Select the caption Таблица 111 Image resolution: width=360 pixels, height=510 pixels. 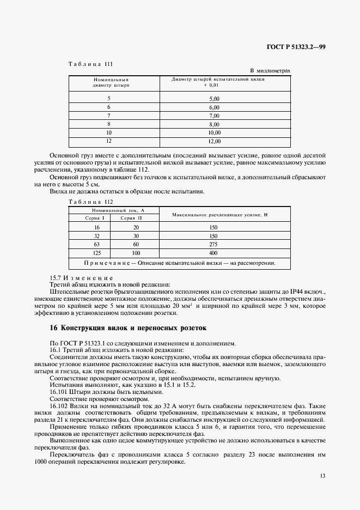(90, 64)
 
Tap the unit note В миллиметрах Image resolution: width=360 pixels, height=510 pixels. (270, 71)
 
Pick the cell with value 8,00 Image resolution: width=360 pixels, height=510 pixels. (214, 124)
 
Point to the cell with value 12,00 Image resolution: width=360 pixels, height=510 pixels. (214, 142)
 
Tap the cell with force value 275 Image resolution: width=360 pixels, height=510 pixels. (213, 245)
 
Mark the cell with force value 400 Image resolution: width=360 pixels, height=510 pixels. (213, 253)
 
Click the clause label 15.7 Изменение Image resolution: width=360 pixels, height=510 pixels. (81, 277)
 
